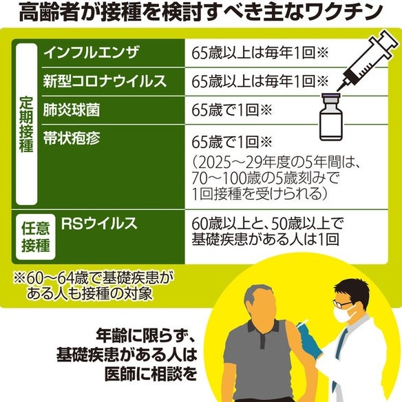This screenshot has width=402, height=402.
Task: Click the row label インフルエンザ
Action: click(91, 53)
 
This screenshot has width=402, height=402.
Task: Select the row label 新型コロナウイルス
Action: click(105, 81)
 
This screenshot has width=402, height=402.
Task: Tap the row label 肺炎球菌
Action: click(72, 110)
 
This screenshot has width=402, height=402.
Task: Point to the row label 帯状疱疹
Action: click(72, 138)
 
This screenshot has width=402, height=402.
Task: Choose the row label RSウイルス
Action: click(99, 223)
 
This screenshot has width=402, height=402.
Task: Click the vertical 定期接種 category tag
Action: click(27, 124)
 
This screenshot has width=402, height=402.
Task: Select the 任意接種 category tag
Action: click(36, 237)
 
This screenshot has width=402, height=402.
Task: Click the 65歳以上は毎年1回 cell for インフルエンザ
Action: click(260, 53)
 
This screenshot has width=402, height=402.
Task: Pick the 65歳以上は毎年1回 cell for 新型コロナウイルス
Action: click(260, 81)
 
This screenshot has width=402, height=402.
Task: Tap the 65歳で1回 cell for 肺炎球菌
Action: click(232, 110)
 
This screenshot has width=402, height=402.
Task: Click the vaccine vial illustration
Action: click(331, 117)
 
